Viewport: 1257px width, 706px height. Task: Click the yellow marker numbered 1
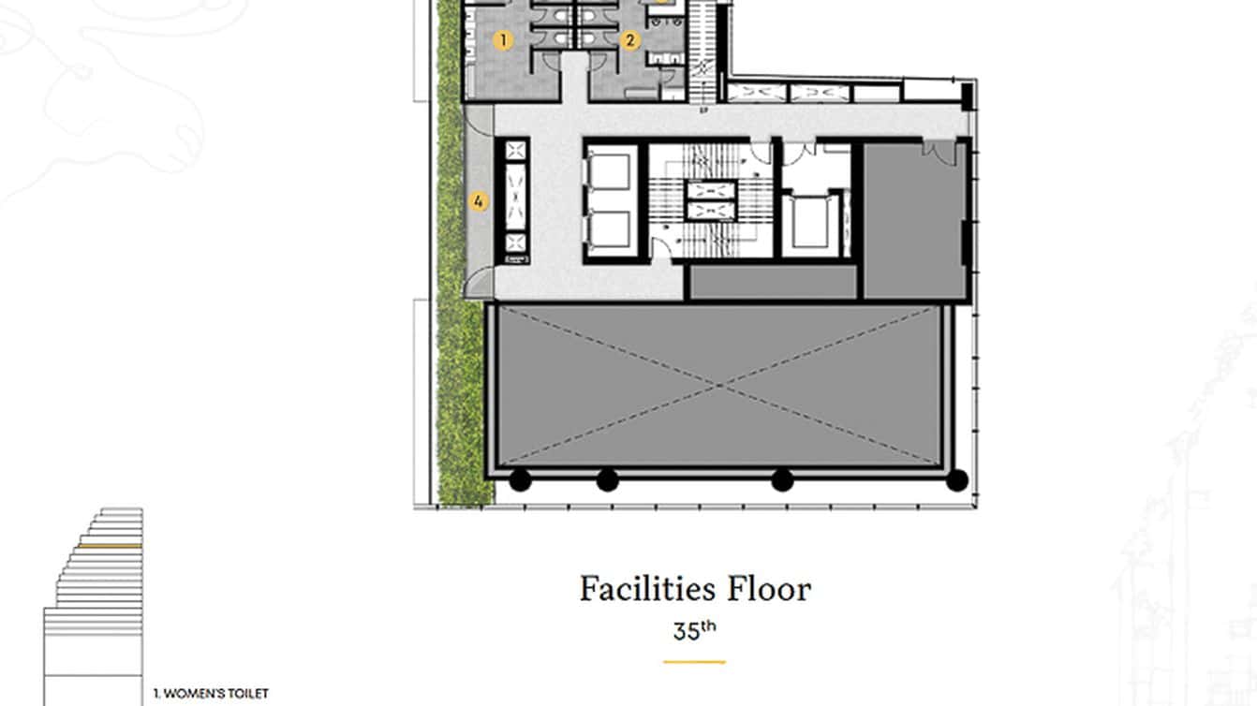504,39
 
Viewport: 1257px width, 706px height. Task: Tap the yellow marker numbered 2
629,39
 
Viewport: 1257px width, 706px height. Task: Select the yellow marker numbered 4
479,200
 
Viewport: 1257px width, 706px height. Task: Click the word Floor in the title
769,590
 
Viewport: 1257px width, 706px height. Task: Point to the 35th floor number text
694,630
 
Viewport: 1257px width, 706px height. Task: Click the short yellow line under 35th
694,662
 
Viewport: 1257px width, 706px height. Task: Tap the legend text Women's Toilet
211,694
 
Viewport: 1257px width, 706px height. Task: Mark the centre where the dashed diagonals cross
720,385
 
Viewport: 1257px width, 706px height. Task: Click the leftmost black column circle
520,480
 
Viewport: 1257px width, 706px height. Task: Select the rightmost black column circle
956,480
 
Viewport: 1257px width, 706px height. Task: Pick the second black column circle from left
607,480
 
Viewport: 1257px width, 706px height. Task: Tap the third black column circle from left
781,480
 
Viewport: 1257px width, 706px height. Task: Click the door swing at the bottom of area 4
479,284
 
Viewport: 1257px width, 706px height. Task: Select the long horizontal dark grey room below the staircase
773,283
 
